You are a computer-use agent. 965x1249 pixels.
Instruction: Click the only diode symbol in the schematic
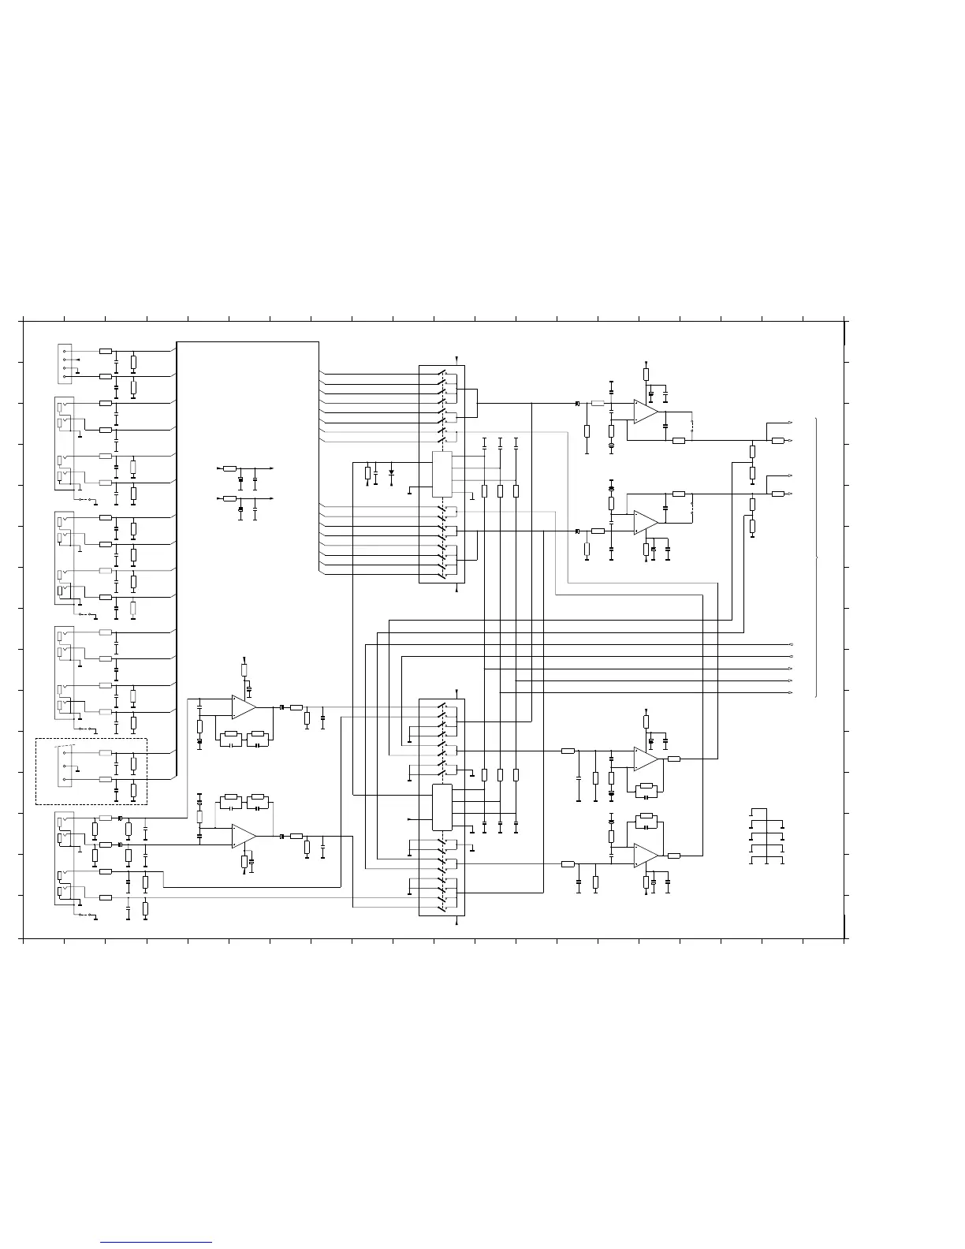(391, 472)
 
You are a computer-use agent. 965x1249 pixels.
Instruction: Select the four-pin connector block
(66, 364)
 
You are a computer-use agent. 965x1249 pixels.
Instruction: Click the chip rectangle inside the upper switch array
(442, 475)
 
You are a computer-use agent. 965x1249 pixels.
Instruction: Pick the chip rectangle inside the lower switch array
(442, 807)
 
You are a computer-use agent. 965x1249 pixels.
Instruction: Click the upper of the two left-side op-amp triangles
(244, 707)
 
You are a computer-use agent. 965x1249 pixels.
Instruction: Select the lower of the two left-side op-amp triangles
(244, 836)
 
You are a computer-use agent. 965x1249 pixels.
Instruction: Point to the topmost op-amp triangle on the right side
(646, 412)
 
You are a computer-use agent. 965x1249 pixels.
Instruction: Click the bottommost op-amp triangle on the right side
(646, 855)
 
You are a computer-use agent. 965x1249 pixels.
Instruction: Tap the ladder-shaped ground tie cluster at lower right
(767, 837)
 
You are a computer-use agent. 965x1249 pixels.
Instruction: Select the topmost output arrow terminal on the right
(791, 423)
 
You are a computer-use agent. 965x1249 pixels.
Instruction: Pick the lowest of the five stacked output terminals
(791, 693)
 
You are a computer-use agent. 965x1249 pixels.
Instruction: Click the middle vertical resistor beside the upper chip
(500, 491)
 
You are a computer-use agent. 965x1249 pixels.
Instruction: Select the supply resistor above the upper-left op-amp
(244, 670)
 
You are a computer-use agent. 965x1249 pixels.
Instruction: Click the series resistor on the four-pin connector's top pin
(106, 350)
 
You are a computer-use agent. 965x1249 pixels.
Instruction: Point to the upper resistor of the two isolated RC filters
(229, 468)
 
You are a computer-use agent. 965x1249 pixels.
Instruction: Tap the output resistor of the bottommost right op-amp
(673, 855)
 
